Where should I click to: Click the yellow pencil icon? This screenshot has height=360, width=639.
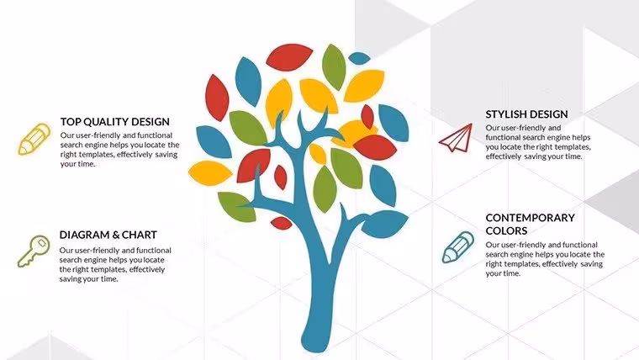34,139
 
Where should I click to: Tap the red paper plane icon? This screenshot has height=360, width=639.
457,139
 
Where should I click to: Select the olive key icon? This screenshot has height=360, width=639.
34,251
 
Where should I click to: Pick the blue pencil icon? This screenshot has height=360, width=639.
458,247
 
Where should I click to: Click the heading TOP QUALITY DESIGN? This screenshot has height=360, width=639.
115,121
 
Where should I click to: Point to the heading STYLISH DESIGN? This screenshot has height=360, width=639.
526,114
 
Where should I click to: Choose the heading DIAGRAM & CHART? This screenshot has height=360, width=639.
108,235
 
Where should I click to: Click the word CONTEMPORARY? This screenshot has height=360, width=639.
530,218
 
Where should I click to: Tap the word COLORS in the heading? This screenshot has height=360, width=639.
506,230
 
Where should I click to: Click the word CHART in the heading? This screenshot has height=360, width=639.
140,235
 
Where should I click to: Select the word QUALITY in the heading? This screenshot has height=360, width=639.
101,121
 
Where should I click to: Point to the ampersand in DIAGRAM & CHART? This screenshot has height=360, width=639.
115,235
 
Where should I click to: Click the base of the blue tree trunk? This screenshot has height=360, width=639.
315,342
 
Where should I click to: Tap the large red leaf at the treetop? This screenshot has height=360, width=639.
289,57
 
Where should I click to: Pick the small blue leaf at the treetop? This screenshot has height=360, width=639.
359,58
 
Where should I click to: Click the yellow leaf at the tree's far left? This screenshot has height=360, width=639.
210,173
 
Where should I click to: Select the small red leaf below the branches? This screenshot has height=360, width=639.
281,223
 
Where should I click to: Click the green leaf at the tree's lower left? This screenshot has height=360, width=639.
236,206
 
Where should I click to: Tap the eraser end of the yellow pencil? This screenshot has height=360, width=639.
43,130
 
